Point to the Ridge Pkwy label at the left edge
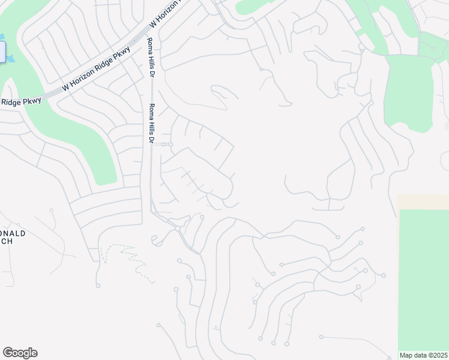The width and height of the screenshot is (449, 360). tap(20, 101)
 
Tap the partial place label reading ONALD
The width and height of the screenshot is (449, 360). tap(13, 233)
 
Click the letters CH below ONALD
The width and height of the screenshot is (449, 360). tap(5, 241)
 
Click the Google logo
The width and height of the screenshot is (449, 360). tap(20, 353)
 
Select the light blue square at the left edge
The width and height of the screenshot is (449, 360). tap(2, 52)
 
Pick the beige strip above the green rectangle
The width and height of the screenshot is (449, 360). tap(423, 202)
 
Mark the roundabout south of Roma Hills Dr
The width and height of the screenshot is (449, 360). tap(178, 229)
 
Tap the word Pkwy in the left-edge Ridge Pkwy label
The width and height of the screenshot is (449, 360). tap(32, 100)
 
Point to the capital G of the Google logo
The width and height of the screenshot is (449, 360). tap(8, 352)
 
